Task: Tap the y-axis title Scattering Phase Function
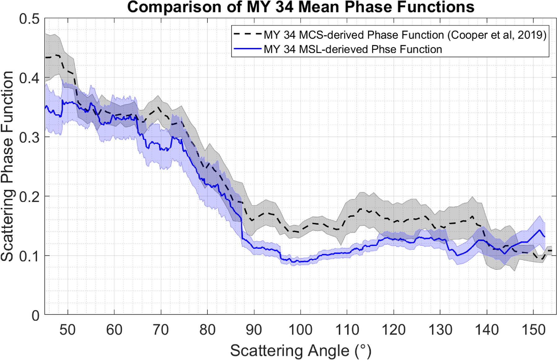[7, 166]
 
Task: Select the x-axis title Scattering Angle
[300, 351]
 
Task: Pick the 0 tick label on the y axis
[35, 316]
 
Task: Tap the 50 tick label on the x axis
[67, 330]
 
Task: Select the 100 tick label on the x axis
[300, 330]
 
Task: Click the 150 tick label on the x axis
[533, 330]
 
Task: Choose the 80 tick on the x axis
[207, 330]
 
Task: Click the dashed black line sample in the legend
[247, 35]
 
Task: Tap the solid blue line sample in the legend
[247, 49]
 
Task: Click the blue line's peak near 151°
[540, 230]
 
